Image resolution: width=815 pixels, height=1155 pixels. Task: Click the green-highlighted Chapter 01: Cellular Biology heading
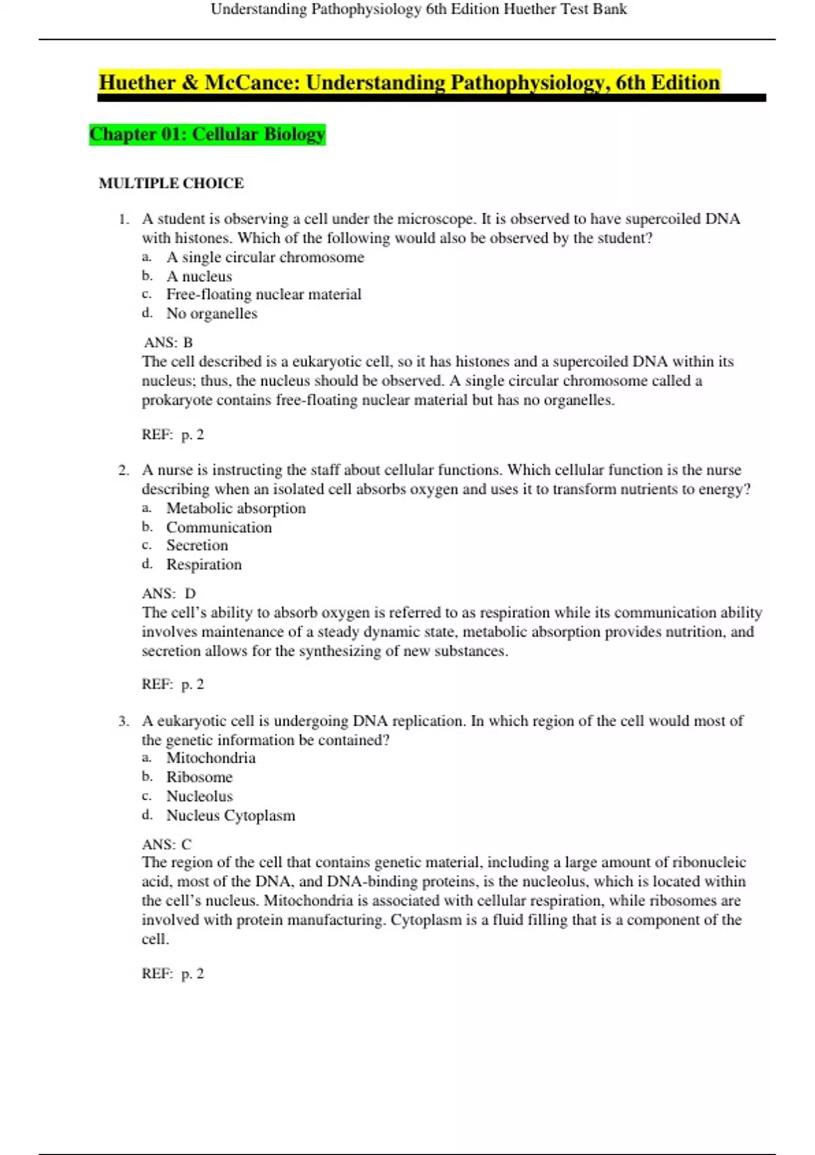point(207,134)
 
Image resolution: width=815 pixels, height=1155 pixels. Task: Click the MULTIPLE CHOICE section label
point(171,183)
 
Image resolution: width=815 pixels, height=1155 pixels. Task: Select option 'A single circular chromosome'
point(265,257)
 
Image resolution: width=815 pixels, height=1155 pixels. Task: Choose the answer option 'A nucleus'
point(199,277)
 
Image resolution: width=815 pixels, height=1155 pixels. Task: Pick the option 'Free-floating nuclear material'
point(264,294)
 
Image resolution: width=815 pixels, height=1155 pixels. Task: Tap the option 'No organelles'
point(212,314)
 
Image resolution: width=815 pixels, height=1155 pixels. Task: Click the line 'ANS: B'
point(168,342)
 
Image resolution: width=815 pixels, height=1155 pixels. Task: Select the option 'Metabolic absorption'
point(236,508)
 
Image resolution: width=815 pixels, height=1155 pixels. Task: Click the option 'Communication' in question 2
point(219,527)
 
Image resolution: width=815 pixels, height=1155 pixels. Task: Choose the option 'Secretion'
point(197,546)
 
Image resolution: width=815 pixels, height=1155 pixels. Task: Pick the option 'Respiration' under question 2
point(204,565)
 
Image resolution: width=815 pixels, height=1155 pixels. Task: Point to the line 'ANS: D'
point(168,593)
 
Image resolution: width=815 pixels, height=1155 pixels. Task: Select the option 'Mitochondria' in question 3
point(211,758)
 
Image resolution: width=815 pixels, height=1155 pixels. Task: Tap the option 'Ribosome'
point(199,777)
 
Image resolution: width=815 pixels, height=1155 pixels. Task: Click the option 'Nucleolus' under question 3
point(199,796)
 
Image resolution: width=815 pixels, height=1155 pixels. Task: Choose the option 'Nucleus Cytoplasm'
point(230,815)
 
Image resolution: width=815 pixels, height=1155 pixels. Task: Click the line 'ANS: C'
point(166,845)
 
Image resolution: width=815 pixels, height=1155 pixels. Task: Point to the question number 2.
point(124,470)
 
